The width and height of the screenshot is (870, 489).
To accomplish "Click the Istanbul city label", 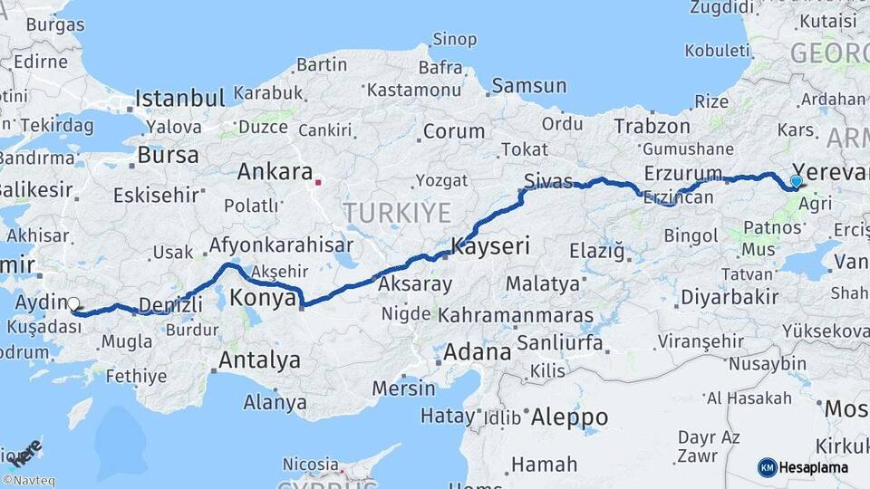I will pos(179,98).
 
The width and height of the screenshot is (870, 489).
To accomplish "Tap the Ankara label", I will pos(275,171).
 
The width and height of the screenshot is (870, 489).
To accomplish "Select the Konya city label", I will pos(264,297).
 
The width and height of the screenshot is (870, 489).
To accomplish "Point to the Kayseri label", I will pos(490,246).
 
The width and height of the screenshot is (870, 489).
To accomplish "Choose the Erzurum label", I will pos(683,172).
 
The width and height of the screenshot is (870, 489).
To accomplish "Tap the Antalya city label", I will pos(259,360).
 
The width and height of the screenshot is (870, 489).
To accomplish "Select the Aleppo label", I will pos(569,417).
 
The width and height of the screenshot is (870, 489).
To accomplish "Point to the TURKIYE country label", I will pos(397,213).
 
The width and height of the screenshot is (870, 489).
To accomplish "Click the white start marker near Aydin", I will pos(73,305).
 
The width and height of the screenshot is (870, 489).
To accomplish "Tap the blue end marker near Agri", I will pos(796,181).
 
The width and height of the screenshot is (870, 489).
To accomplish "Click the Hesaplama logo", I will pos(803,467).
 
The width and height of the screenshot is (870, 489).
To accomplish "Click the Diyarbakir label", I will pos(717,296).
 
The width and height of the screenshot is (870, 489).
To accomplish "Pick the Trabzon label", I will pos(652,126).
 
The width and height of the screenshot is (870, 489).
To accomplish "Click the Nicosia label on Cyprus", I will pos(310,464).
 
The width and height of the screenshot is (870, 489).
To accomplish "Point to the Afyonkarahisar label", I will pos(281,244).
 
